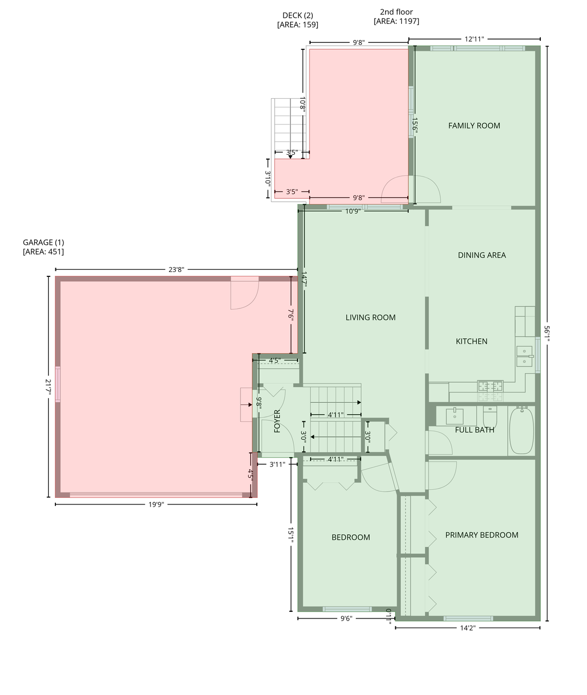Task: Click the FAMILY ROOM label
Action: pyautogui.click(x=474, y=125)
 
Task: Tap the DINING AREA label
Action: pyautogui.click(x=482, y=255)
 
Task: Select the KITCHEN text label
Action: pyautogui.click(x=471, y=341)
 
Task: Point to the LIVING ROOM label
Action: pyautogui.click(x=370, y=317)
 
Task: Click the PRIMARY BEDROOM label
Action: pyautogui.click(x=482, y=535)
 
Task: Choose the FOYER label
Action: pyautogui.click(x=277, y=421)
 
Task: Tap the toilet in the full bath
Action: pyautogui.click(x=490, y=417)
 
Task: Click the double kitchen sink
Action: pyautogui.click(x=525, y=356)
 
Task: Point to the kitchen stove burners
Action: pyautogui.click(x=490, y=386)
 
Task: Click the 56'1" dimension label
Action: pyautogui.click(x=547, y=334)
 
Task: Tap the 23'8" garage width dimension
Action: pyautogui.click(x=176, y=270)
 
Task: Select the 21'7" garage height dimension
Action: pyautogui.click(x=48, y=387)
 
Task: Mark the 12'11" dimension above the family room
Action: pyautogui.click(x=474, y=39)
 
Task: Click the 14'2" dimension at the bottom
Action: pyautogui.click(x=468, y=628)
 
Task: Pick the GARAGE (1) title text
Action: pyautogui.click(x=43, y=242)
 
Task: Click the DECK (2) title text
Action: pyautogui.click(x=298, y=15)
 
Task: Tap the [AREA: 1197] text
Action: pyautogui.click(x=396, y=21)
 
